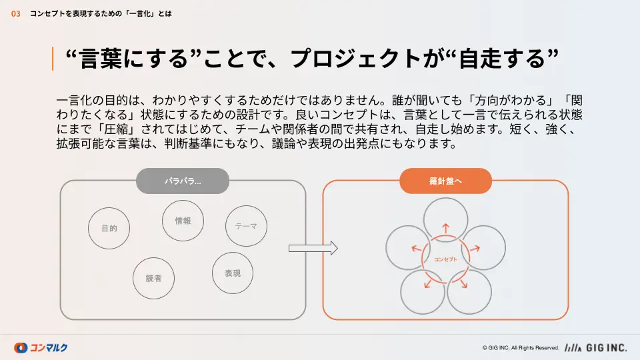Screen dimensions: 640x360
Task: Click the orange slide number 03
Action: click(x=15, y=14)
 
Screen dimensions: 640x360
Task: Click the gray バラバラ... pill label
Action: click(x=183, y=181)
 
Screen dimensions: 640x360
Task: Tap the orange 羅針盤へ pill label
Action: click(x=445, y=181)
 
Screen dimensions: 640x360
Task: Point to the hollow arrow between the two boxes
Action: click(x=313, y=248)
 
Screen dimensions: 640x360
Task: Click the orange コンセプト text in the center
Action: click(x=445, y=259)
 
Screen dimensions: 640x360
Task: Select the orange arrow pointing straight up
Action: click(x=446, y=228)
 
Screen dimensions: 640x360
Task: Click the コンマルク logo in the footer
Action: click(x=41, y=348)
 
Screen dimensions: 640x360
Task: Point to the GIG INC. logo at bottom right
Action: click(x=595, y=348)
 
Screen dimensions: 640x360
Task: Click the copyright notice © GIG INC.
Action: click(x=521, y=348)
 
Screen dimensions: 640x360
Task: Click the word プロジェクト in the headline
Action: click(x=355, y=59)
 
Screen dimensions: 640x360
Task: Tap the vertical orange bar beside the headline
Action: click(x=53, y=59)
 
